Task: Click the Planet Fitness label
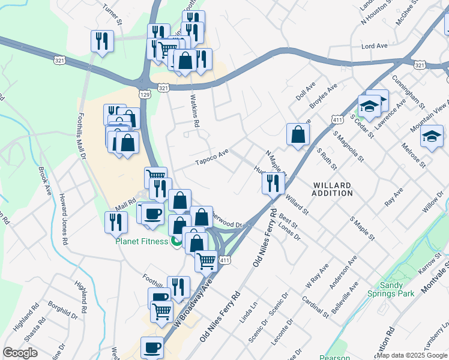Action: (142, 242)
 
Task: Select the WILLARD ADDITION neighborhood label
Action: (333, 189)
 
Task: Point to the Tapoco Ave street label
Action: (212, 158)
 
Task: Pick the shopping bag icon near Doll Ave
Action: (298, 134)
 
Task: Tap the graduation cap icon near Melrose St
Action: (432, 137)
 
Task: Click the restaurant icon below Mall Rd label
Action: (116, 221)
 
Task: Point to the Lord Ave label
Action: (373, 46)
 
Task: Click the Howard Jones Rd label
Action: (63, 219)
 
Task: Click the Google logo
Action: (20, 353)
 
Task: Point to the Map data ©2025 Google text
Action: (412, 355)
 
